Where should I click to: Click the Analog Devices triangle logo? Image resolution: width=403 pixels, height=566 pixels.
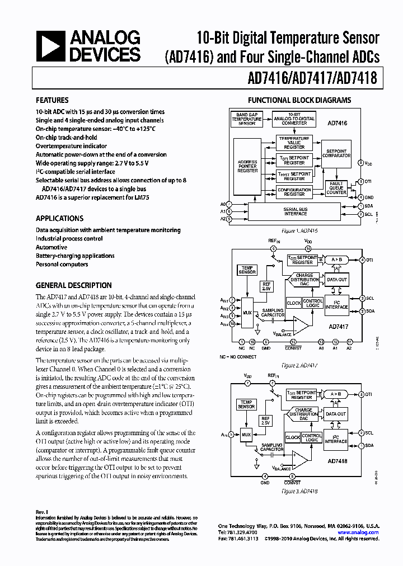tap(49, 46)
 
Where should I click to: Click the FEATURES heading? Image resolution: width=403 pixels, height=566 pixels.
tap(52, 101)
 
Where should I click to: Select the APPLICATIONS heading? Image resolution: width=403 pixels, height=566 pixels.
tap(60, 219)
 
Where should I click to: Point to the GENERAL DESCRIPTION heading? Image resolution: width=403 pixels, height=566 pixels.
tap(74, 285)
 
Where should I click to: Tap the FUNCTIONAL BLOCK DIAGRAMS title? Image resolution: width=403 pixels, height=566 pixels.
tap(299, 101)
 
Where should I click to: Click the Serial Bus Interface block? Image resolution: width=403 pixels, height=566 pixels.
tap(295, 211)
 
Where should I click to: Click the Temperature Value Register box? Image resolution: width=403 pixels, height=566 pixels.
tap(294, 143)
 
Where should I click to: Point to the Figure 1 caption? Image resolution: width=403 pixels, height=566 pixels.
tap(299, 230)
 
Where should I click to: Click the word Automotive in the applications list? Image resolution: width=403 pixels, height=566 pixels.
tap(51, 247)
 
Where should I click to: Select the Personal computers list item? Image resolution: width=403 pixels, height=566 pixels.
tap(62, 265)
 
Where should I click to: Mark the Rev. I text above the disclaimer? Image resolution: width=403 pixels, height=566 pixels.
tap(43, 512)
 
